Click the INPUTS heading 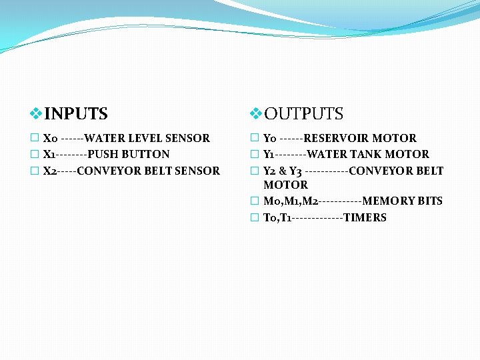coord(75,114)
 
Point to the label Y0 coord(270,139)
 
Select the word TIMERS coord(365,217)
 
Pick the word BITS coord(431,201)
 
